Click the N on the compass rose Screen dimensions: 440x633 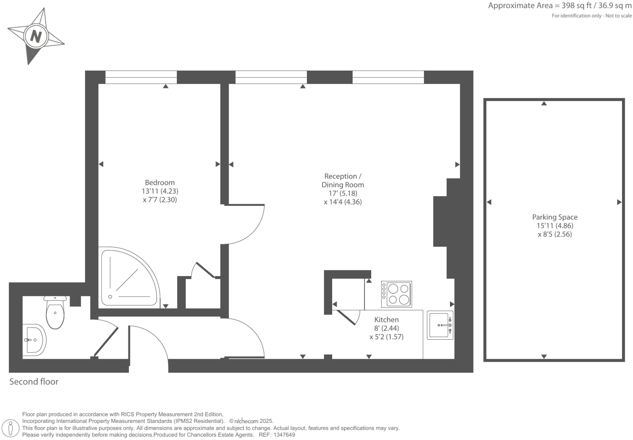[36, 37]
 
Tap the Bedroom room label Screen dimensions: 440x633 [160, 183]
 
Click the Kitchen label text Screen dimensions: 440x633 [386, 320]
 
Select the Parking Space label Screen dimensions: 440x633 [555, 217]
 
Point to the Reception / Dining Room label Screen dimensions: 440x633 [343, 180]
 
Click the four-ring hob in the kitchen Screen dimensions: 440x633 [396, 294]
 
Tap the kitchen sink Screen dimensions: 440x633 [440, 325]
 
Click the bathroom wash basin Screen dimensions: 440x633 [34, 339]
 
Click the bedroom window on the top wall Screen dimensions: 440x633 [141, 77]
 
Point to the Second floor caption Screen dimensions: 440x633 [34, 382]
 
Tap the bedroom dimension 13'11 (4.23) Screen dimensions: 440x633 [160, 191]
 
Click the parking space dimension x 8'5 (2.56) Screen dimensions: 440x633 [555, 234]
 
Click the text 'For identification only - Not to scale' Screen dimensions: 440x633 [591, 16]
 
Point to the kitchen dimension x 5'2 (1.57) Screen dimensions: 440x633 [386, 337]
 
